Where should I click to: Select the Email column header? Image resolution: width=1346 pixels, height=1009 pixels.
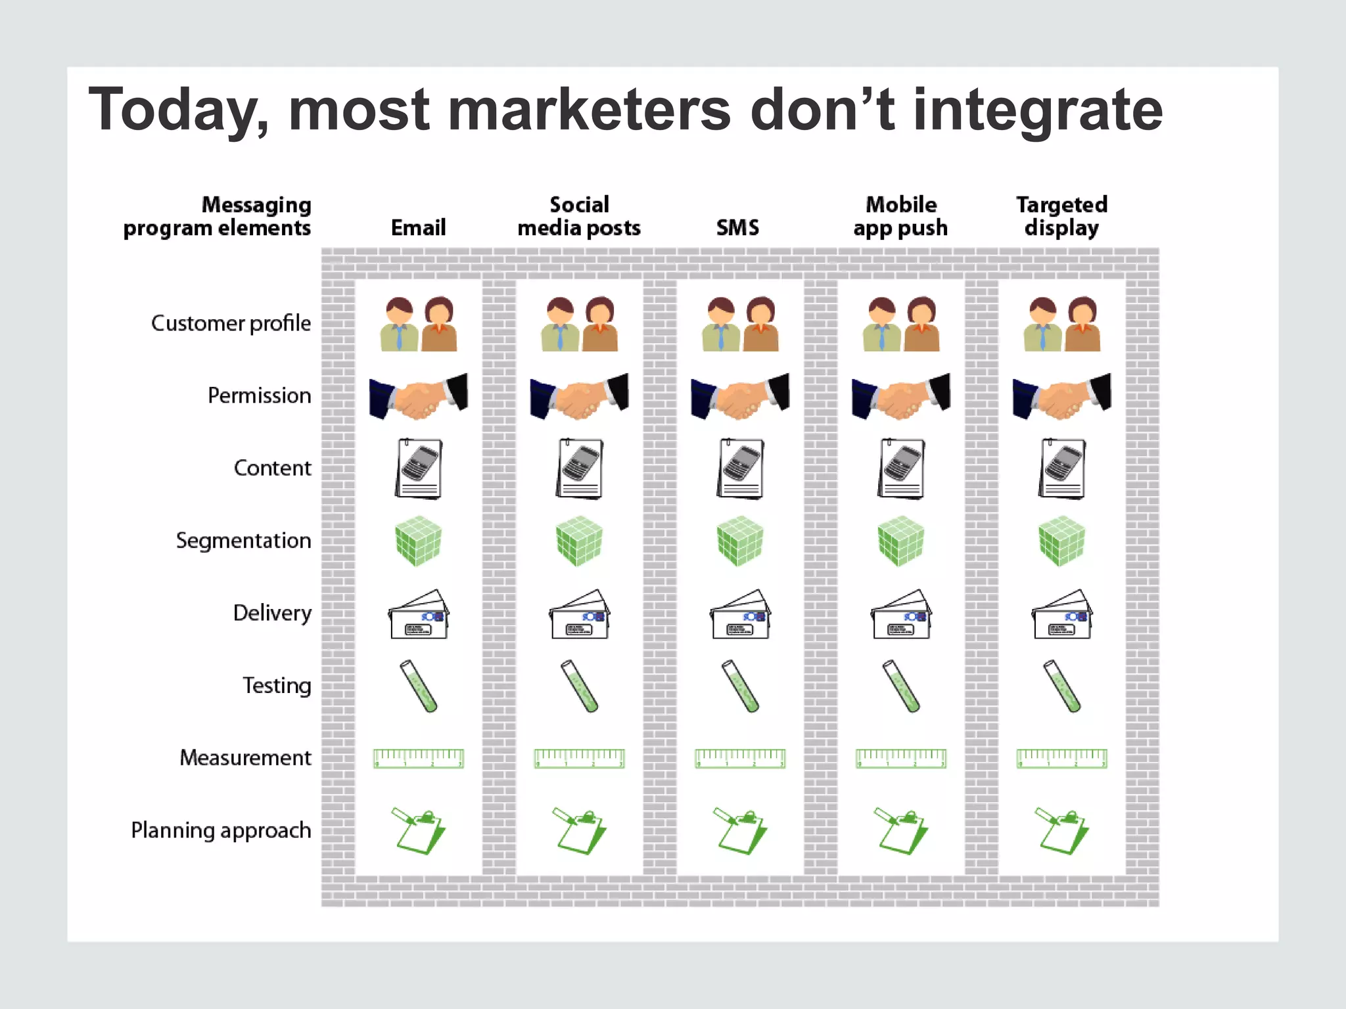tap(418, 228)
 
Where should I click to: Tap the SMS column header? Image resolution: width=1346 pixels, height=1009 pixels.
tap(737, 228)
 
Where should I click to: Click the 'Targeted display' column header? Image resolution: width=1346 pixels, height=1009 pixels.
tap(1061, 216)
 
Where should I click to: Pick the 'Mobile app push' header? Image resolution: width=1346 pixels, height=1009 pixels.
tap(900, 216)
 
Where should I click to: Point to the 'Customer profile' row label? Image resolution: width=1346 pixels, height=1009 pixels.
tap(231, 323)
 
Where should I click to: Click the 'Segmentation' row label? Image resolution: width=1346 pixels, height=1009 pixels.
tap(243, 541)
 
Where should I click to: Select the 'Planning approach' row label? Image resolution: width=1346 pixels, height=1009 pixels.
tap(221, 830)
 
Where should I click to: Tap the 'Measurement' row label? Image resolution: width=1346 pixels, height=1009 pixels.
tap(245, 758)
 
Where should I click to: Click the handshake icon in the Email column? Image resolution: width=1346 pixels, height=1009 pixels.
tap(419, 396)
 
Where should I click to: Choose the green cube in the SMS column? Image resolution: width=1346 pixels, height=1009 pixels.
tap(740, 541)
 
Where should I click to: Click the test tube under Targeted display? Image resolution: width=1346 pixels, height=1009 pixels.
tap(1062, 686)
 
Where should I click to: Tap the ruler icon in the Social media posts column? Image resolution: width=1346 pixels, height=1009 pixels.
tap(579, 759)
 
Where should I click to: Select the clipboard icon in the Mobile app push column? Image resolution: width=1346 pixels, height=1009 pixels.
tap(900, 831)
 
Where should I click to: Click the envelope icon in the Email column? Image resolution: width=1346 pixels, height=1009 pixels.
tap(419, 615)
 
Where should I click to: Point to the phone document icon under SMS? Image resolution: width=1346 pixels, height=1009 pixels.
tap(741, 469)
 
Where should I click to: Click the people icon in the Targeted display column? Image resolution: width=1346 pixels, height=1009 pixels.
tap(1062, 324)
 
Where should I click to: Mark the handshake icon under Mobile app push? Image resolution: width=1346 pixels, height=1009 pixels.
tap(901, 396)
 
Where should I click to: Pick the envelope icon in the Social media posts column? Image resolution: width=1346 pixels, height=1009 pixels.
tap(579, 615)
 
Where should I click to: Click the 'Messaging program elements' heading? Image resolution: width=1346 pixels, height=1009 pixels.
tap(217, 216)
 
